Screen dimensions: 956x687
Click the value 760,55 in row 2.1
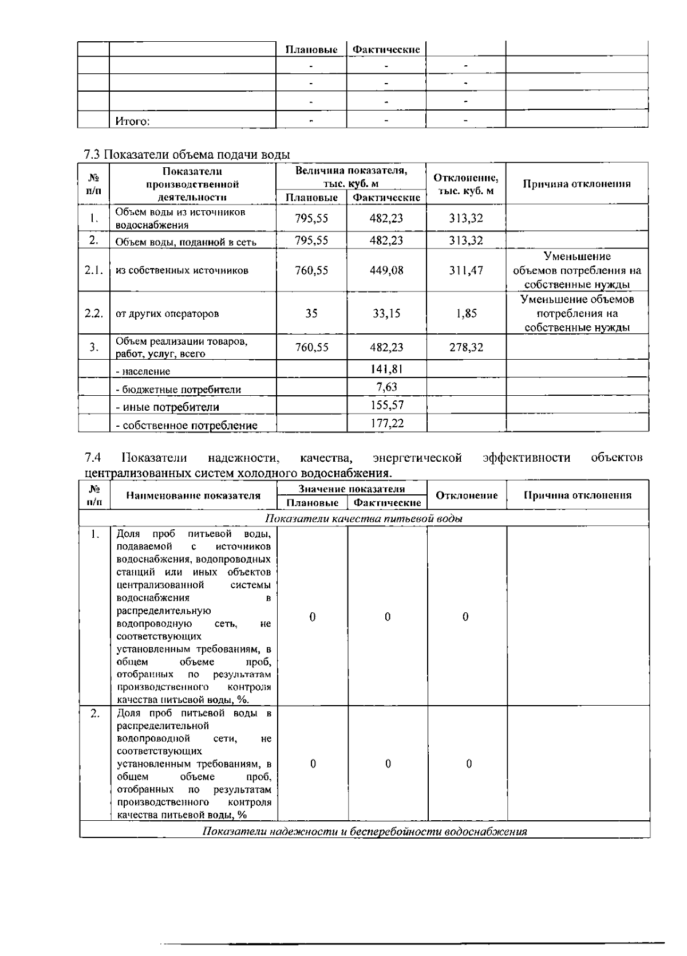[x=311, y=270]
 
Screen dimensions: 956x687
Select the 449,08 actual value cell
[x=386, y=270]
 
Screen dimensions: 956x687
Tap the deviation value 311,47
[x=466, y=270]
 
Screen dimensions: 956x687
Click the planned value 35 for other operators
[x=311, y=313]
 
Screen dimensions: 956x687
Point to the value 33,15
[x=386, y=313]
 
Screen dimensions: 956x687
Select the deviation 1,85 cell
[x=467, y=313]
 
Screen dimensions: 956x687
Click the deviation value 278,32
[x=466, y=347]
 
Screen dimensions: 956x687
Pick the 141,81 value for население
[x=387, y=369]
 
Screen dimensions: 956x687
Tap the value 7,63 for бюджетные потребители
[x=387, y=387]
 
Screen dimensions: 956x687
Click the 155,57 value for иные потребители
[x=387, y=405]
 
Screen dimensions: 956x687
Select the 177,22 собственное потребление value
[x=387, y=423]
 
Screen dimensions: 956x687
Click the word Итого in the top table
[x=132, y=121]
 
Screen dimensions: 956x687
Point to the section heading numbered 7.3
[x=187, y=155]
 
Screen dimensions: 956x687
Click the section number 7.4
[x=92, y=457]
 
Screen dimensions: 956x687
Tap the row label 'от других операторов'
[x=167, y=314]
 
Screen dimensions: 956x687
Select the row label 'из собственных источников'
[x=181, y=270]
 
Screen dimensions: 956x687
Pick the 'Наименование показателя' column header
[x=193, y=496]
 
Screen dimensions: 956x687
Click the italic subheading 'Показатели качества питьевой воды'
[x=364, y=519]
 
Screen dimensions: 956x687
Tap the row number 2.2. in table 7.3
[x=94, y=313]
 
